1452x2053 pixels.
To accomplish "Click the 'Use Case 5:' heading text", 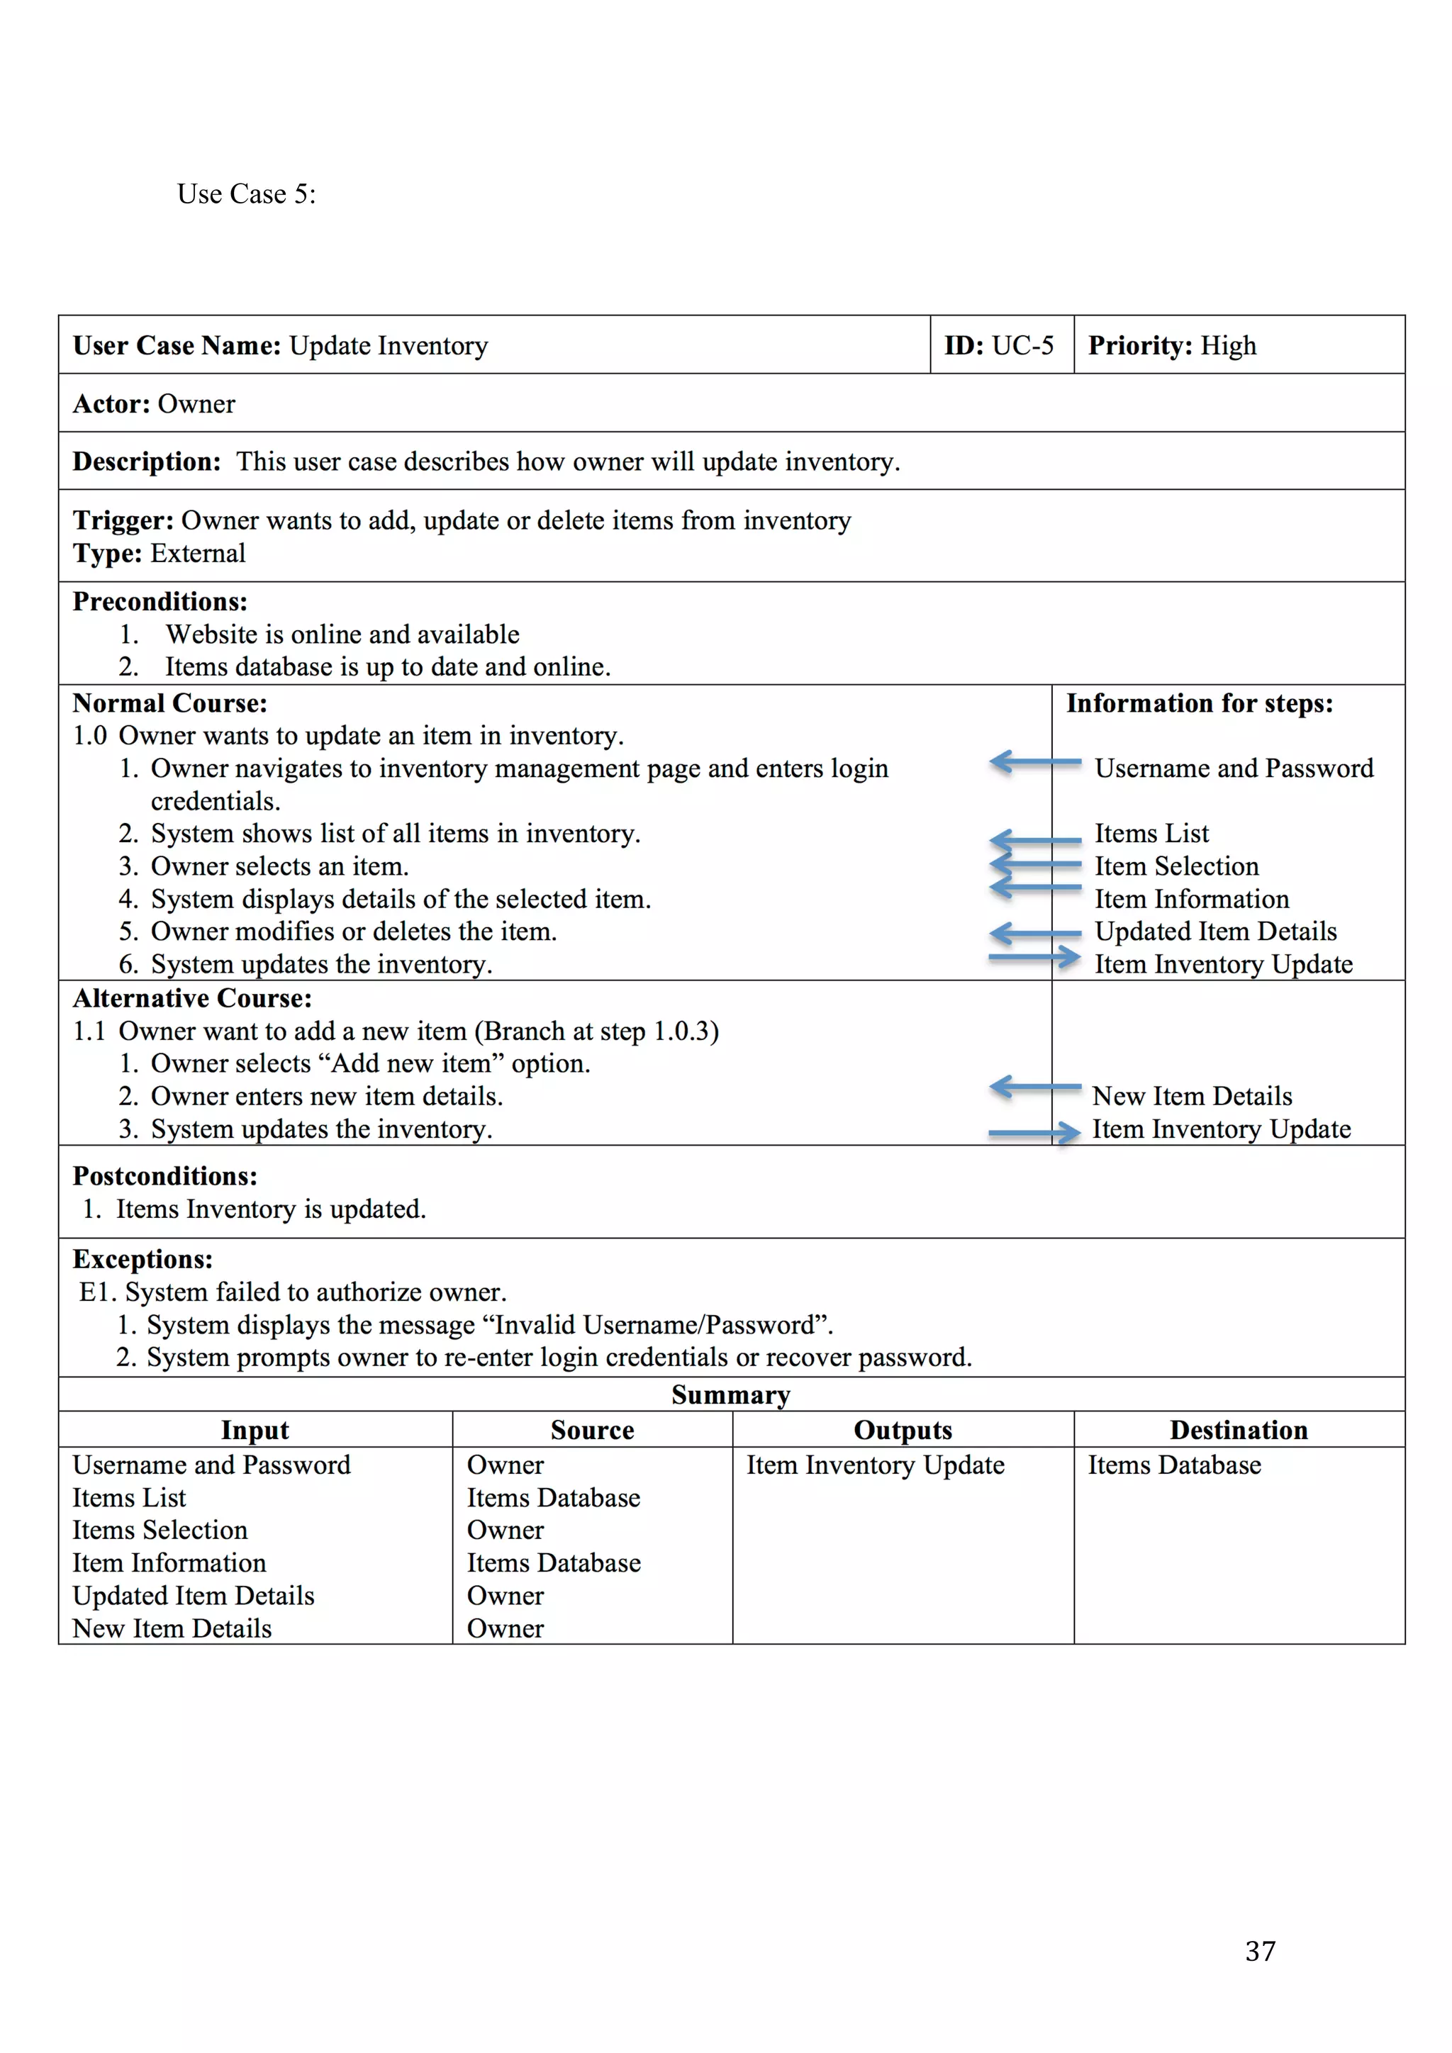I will tap(246, 194).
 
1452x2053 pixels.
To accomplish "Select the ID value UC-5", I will tap(1023, 345).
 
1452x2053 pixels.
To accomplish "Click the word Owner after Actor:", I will tap(196, 404).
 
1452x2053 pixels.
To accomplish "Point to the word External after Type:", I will tap(198, 554).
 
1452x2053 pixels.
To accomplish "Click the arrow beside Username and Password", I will tap(1034, 762).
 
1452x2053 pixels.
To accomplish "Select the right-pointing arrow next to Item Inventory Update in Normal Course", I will tap(1034, 957).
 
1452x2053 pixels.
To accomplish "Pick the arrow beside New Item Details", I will tap(1034, 1087).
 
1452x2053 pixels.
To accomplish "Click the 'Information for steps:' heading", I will tap(1199, 704).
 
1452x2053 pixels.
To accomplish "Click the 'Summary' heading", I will tap(730, 1395).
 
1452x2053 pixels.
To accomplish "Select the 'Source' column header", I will tap(592, 1430).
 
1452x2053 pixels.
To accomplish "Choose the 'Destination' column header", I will tap(1239, 1430).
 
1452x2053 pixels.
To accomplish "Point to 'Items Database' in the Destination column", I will tap(1174, 1465).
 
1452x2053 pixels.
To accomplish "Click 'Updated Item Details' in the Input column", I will tap(193, 1595).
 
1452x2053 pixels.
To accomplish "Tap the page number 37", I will tap(1260, 1950).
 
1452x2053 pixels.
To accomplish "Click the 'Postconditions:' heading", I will tap(164, 1176).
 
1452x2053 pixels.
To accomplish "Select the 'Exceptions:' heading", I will tap(143, 1259).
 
